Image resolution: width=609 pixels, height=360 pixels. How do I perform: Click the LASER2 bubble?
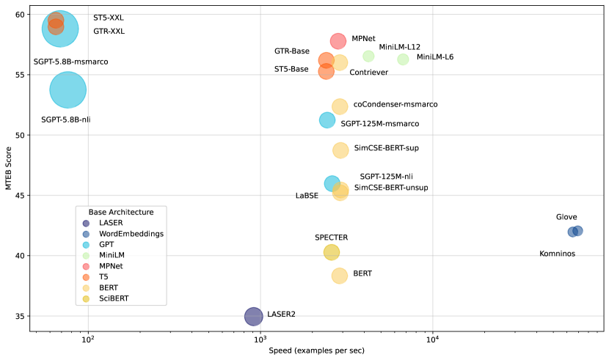pos(253,316)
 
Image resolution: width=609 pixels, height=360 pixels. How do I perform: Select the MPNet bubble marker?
pos(338,41)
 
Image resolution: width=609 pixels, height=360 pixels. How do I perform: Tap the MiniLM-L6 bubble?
pos(403,59)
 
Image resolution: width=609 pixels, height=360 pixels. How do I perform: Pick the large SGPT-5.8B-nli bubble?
pos(68,90)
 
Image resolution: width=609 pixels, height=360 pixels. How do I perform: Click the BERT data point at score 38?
pos(339,276)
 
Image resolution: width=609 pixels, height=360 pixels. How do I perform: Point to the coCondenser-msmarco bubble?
pos(340,107)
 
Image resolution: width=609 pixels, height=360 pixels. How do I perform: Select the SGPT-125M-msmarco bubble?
pos(327,120)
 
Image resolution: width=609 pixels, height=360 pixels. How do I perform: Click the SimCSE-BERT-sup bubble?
pos(340,150)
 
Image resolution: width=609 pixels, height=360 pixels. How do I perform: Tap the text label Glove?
pos(566,217)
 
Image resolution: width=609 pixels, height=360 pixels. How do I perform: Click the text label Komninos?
pos(557,254)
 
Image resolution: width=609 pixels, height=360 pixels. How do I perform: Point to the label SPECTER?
pos(331,238)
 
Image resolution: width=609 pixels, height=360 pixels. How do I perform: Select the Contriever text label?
pos(368,73)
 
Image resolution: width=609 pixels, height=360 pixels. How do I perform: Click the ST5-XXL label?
pos(109,18)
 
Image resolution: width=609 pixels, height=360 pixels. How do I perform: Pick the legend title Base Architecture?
pos(121,212)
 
